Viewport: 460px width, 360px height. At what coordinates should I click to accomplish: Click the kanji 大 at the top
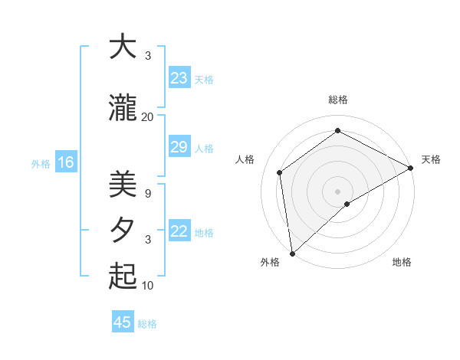coord(122,47)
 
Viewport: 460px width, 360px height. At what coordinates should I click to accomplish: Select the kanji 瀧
coord(122,109)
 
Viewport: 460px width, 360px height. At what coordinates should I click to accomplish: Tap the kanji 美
coord(122,185)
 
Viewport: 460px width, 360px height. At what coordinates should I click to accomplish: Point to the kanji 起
coord(122,277)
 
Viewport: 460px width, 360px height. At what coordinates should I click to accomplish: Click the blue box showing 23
coord(179,78)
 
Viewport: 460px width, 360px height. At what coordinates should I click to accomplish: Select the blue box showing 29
coord(179,147)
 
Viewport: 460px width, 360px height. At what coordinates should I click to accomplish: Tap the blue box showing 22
coord(179,231)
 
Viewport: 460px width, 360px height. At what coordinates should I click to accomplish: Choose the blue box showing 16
coord(65,162)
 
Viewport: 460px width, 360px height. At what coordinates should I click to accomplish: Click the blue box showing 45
coord(123,322)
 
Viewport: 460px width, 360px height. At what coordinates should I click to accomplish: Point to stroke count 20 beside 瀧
coord(147,116)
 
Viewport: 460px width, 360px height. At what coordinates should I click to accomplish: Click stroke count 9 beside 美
coord(147,194)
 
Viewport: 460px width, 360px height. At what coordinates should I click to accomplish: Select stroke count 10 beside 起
coord(147,286)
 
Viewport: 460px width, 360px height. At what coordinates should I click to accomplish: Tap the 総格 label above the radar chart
coord(337,100)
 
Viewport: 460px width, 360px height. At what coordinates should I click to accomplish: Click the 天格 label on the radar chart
coord(431,159)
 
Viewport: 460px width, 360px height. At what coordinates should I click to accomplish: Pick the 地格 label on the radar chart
coord(402,262)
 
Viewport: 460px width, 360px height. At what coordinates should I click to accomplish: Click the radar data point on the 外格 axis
coord(292,253)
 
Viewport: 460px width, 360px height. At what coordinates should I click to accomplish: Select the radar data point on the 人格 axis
coord(280,172)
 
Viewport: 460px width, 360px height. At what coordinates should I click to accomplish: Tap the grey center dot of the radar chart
coord(337,191)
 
